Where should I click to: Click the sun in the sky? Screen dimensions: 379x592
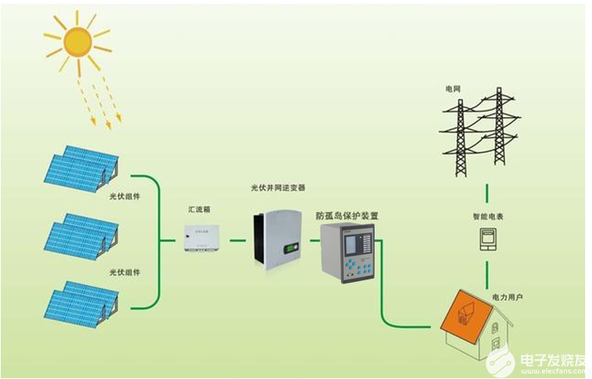click(77, 42)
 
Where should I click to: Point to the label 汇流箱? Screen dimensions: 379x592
click(200, 207)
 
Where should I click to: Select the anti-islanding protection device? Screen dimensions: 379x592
click(347, 254)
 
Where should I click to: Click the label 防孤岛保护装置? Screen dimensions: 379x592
click(347, 216)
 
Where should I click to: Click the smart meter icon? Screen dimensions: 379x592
click(487, 239)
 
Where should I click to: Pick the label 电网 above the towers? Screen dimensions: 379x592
click(454, 89)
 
